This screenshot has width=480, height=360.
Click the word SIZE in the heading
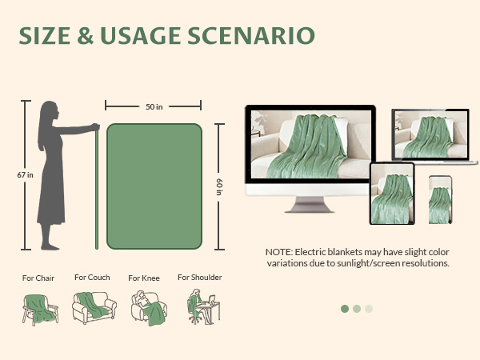pos(49,36)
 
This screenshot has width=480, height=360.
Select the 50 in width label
pos(154,106)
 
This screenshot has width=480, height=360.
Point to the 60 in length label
pos(218,186)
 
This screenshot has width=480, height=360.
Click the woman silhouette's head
pos(50,110)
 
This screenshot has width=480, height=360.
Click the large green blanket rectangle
pos(154,186)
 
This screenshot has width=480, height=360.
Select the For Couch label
pos(92,278)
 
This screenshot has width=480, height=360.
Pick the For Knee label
pos(144,278)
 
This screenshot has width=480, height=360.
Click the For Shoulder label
pos(200,278)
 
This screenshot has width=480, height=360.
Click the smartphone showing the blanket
pos(439,199)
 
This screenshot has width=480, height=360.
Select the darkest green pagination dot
pos(345,308)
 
